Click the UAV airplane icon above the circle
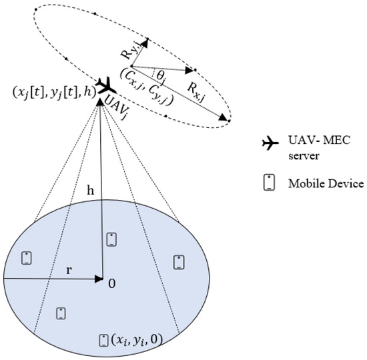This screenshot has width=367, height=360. tap(103, 85)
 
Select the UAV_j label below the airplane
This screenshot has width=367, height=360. tap(118, 102)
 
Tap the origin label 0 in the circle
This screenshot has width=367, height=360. tap(112, 283)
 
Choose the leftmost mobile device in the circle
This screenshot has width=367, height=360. tap(27, 257)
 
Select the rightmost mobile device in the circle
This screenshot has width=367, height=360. tap(179, 262)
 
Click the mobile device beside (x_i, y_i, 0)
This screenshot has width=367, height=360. tap(103, 339)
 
